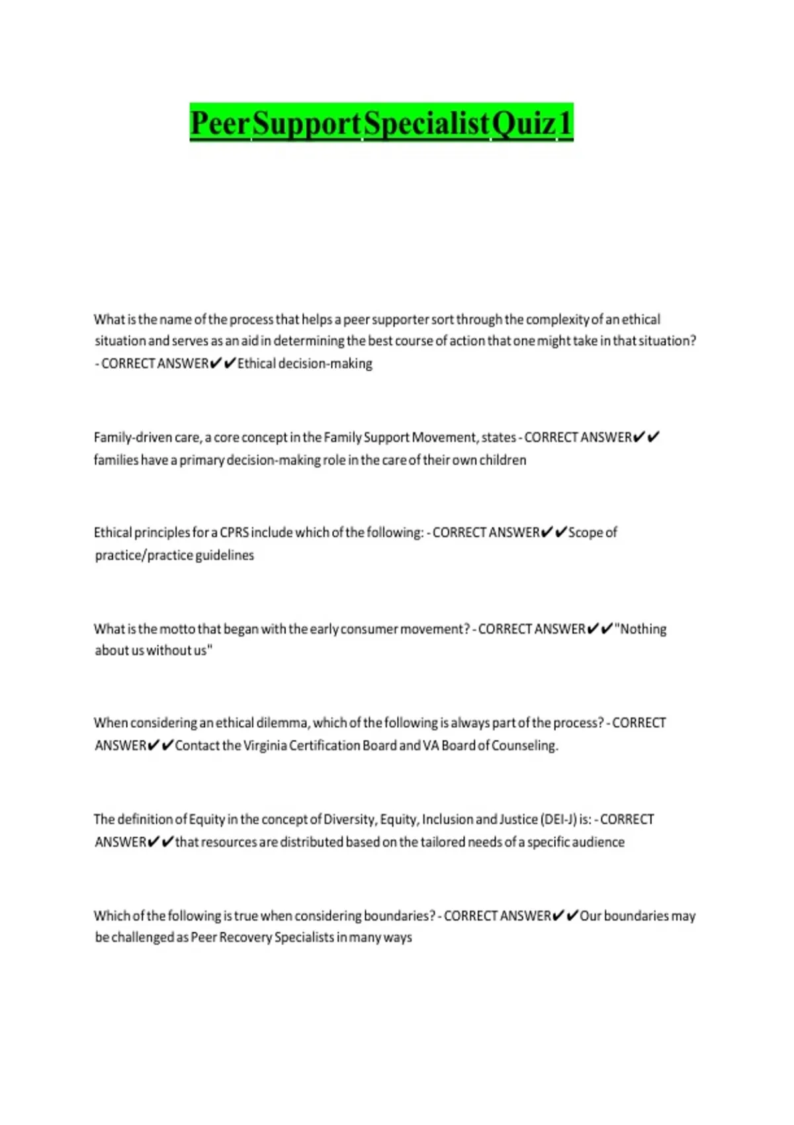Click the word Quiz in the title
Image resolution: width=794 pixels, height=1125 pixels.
[x=524, y=123]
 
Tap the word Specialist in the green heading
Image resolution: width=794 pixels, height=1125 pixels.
[x=427, y=123]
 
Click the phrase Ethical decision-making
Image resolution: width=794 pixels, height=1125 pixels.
[x=305, y=363]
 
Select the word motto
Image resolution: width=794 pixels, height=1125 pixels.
[x=177, y=629]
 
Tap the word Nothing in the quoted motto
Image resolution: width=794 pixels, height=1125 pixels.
[x=642, y=629]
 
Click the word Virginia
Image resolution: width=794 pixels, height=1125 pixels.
[x=265, y=746]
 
